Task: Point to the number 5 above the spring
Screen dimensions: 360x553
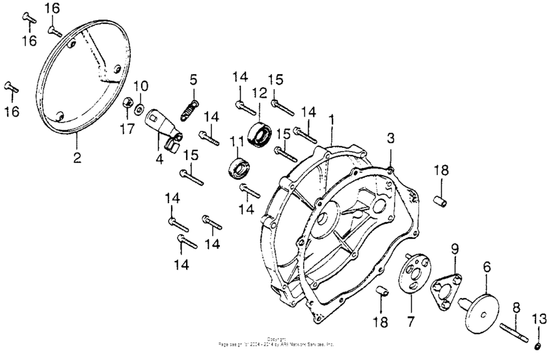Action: (193, 79)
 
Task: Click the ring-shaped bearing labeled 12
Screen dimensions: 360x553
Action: (260, 134)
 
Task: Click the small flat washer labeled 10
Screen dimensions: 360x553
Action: (141, 107)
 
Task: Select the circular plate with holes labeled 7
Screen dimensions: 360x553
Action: (412, 273)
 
